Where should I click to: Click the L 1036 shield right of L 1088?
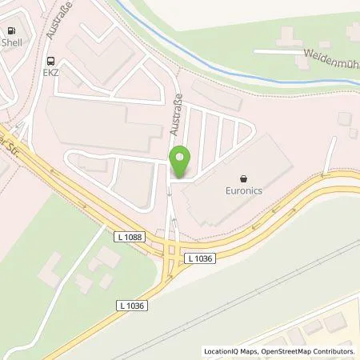pos(201,258)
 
